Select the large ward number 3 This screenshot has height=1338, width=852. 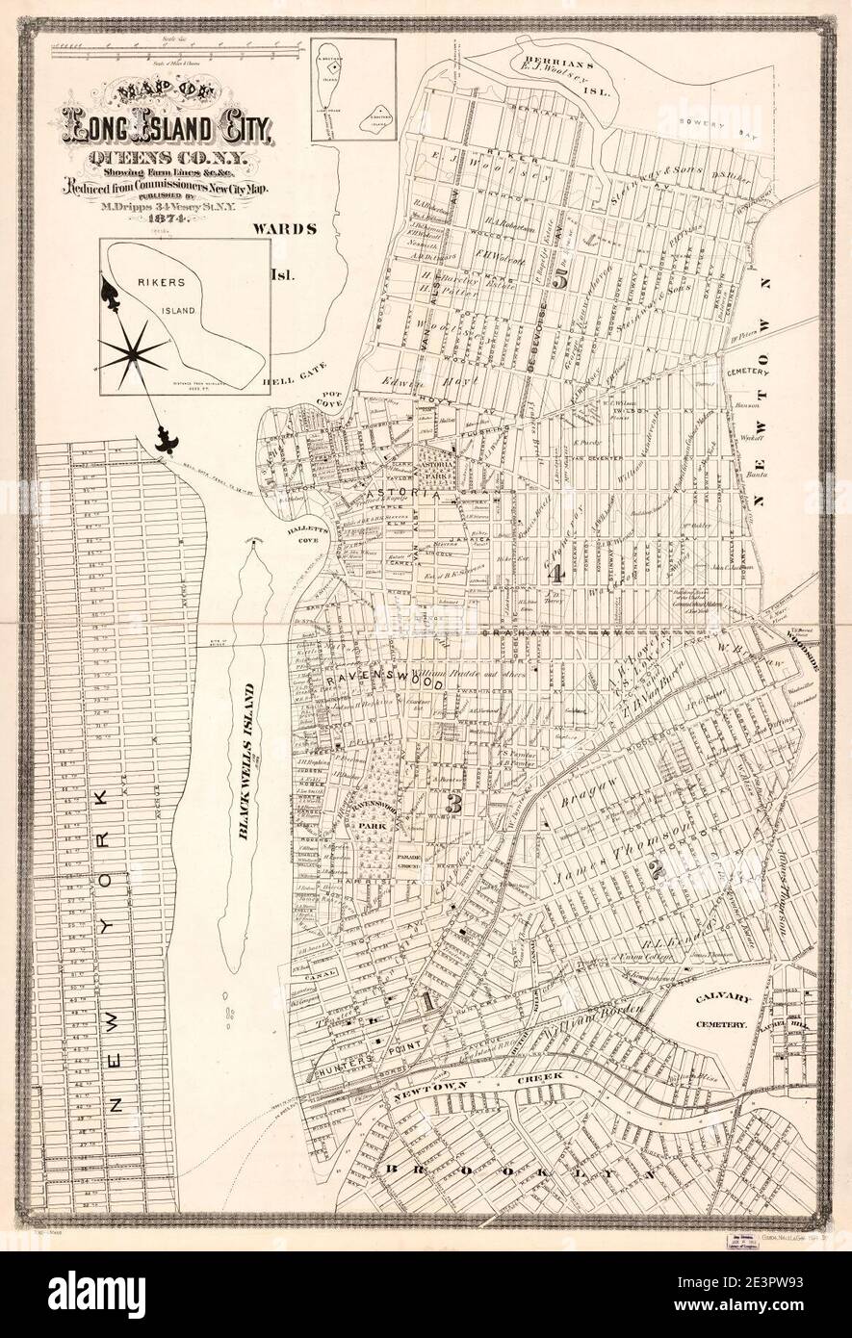point(454,801)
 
